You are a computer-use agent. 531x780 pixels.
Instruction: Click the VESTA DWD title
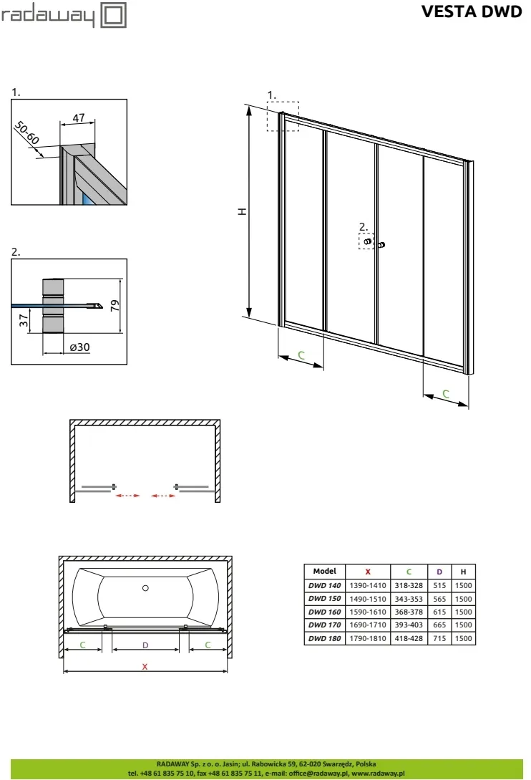click(x=472, y=11)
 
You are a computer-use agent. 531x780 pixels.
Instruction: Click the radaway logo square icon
click(x=114, y=15)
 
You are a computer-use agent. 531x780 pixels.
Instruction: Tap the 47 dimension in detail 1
click(x=79, y=118)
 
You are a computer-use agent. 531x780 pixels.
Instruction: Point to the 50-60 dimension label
click(x=27, y=133)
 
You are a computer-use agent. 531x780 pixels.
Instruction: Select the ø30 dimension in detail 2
click(x=79, y=347)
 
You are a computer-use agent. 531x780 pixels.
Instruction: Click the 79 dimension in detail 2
click(x=115, y=305)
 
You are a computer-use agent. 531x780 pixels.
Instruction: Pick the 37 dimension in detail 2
click(x=24, y=320)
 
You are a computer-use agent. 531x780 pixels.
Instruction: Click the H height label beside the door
click(x=242, y=211)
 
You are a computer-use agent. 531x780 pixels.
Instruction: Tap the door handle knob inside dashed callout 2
click(x=367, y=242)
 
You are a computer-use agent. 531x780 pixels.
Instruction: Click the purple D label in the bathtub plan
click(x=145, y=645)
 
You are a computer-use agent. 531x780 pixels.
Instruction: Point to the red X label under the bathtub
click(x=145, y=667)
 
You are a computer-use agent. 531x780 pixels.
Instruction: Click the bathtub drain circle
click(x=145, y=588)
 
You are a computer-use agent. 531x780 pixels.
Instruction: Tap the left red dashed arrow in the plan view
click(x=127, y=496)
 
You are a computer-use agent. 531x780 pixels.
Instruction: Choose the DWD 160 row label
click(x=325, y=612)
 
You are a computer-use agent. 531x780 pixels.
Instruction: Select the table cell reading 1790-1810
click(x=367, y=638)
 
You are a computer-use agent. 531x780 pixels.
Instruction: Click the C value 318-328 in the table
click(x=409, y=585)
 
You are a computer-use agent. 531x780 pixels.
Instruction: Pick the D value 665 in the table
click(x=439, y=625)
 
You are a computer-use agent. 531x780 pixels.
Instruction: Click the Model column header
click(x=325, y=571)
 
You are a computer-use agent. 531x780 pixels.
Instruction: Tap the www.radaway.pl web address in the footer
click(x=378, y=773)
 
